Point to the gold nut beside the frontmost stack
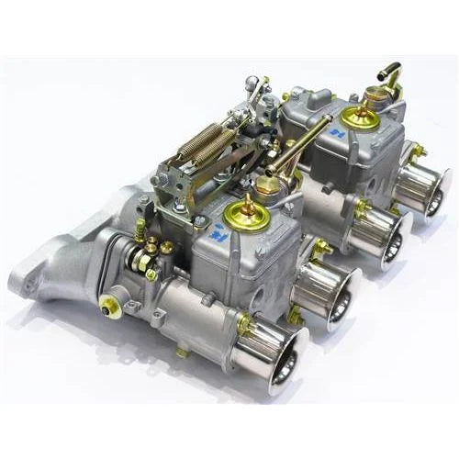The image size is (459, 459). [x=245, y=323]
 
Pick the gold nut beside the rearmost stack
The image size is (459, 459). [x=418, y=151]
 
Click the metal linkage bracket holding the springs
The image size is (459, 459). [x=184, y=184]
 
